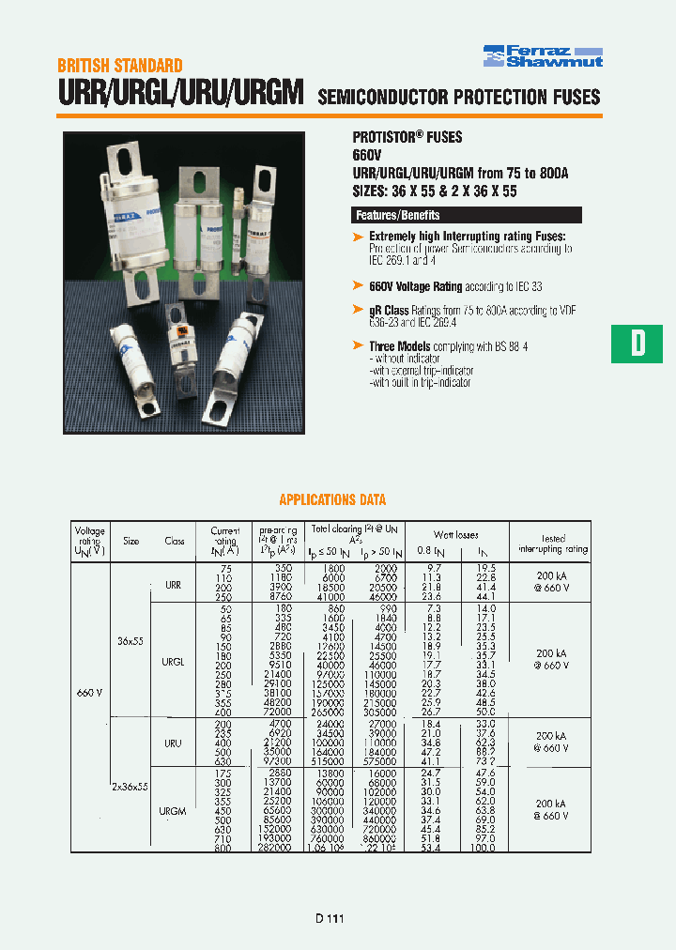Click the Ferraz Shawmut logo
pyautogui.click(x=543, y=55)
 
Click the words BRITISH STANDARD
pyautogui.click(x=119, y=66)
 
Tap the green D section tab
pyautogui.click(x=638, y=343)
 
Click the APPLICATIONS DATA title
pyautogui.click(x=332, y=500)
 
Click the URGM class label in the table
pyautogui.click(x=173, y=810)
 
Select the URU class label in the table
pyautogui.click(x=173, y=743)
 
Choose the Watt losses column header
pyautogui.click(x=456, y=534)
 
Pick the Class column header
pyautogui.click(x=175, y=541)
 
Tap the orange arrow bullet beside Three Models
pyautogui.click(x=358, y=346)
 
